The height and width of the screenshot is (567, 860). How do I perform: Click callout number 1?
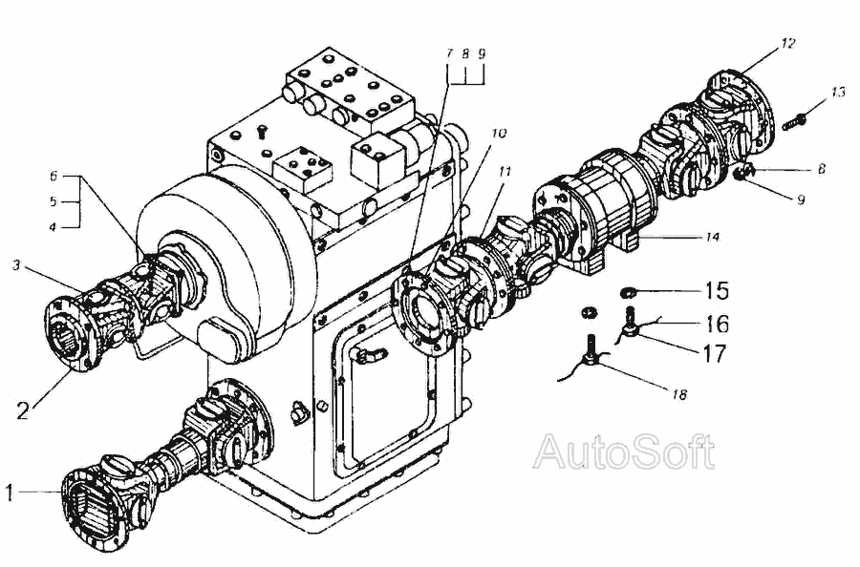coord(9,493)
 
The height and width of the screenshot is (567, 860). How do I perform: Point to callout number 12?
coord(786,43)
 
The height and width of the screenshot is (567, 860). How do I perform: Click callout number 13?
coord(837,92)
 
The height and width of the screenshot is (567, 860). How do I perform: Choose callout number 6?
coord(54,176)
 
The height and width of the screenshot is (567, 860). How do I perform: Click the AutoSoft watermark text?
coord(624,451)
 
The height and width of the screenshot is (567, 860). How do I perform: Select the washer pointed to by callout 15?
coord(629,290)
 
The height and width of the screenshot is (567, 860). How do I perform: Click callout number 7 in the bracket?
coord(447,55)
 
